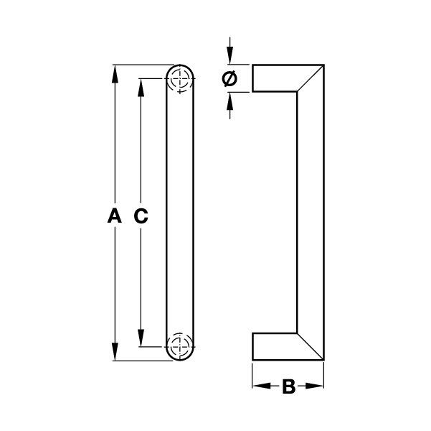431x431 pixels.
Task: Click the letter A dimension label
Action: (112, 214)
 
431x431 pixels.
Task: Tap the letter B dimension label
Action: (288, 387)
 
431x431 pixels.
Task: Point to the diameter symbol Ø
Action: (229, 80)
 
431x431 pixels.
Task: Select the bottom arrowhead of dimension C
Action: (141, 339)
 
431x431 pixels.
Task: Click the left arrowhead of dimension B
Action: (259, 387)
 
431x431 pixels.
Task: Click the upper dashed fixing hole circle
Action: (180, 80)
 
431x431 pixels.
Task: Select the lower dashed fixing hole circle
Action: (180, 344)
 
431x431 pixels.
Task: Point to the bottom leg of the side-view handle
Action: (276, 346)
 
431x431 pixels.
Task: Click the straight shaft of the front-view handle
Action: (181, 213)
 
